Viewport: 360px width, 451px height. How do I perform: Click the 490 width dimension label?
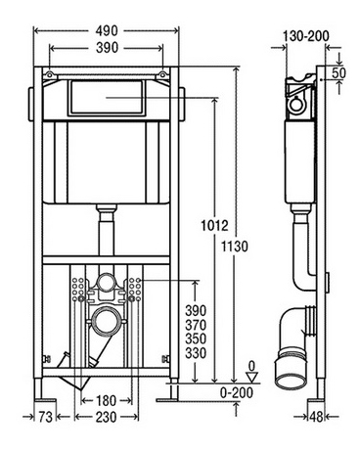point(107,31)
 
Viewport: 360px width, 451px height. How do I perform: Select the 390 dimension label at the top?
point(107,48)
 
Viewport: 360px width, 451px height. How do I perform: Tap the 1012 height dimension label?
point(214,226)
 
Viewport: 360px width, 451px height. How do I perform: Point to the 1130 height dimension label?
point(235,247)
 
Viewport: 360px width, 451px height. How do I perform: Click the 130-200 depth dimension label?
point(305,36)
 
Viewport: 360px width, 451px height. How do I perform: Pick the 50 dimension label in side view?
point(338,72)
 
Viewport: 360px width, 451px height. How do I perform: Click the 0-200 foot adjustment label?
point(237,392)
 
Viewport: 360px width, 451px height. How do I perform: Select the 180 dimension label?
point(107,400)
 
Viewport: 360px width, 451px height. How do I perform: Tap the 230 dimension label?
point(107,417)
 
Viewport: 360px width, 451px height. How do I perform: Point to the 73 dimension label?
point(45,417)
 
